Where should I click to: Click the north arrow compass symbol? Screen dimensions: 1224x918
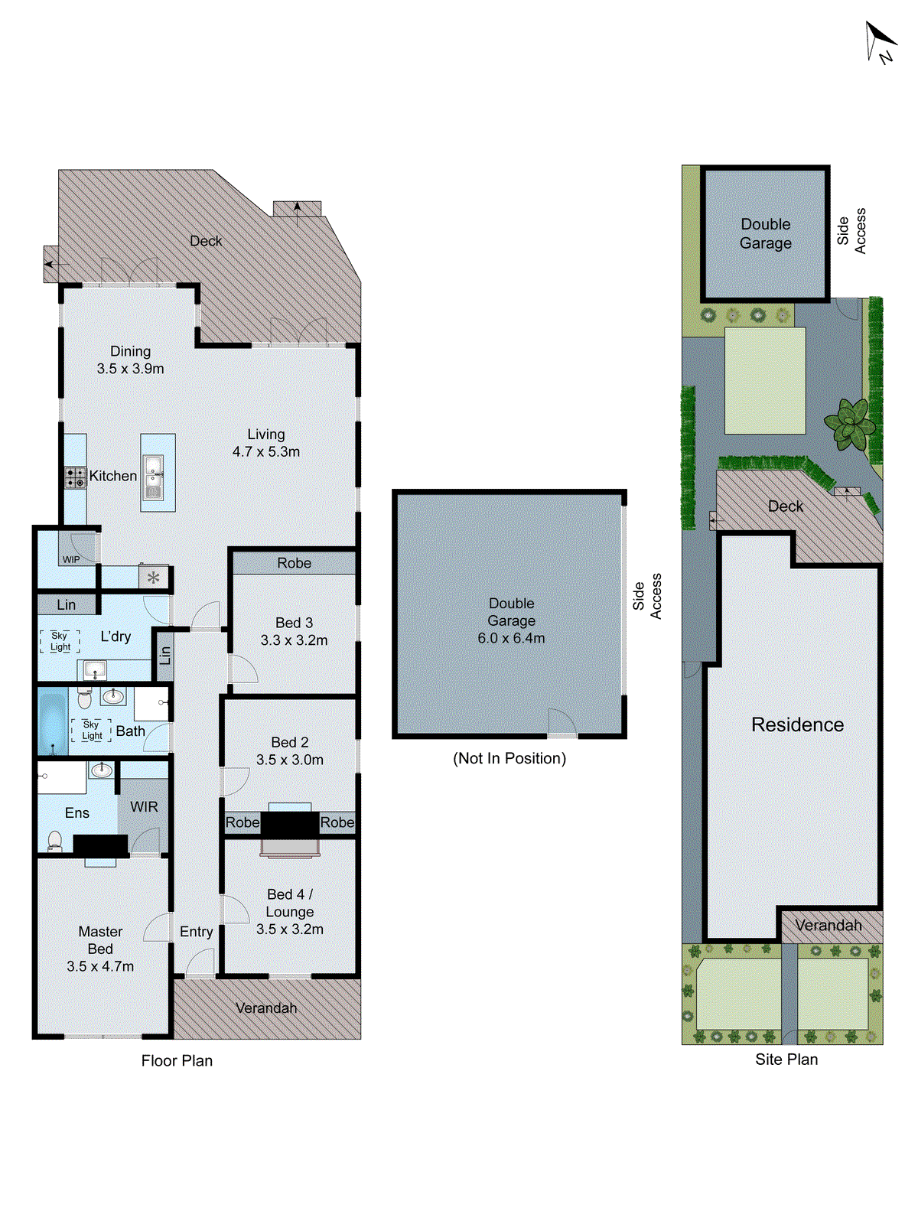(x=880, y=41)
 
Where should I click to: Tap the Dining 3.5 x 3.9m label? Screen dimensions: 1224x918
(x=130, y=360)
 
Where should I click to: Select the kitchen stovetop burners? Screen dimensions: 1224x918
(x=75, y=478)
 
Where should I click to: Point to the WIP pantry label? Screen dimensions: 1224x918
(x=71, y=559)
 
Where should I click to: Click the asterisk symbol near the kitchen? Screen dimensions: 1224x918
(x=154, y=578)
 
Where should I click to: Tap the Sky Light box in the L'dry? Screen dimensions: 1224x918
(x=60, y=641)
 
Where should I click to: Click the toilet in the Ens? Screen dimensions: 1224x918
(x=54, y=841)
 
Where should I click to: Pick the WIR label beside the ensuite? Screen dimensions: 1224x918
(x=144, y=807)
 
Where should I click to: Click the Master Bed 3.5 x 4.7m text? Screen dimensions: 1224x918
(x=100, y=949)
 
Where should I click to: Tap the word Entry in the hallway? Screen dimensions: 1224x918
(x=197, y=932)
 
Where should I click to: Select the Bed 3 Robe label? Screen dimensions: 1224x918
(x=295, y=563)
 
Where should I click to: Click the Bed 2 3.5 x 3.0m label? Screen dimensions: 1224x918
(x=290, y=751)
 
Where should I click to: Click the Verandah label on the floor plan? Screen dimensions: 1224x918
(x=266, y=1008)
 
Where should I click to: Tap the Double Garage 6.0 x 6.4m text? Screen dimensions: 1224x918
(x=512, y=620)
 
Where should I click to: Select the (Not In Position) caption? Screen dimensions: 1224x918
(x=509, y=758)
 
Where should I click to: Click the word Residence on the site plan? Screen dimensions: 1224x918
(x=797, y=724)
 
